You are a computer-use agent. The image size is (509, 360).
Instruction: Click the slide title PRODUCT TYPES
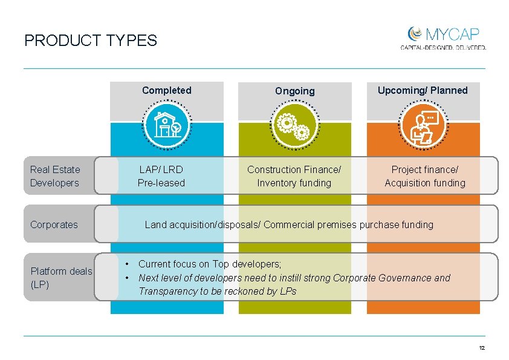pos(90,41)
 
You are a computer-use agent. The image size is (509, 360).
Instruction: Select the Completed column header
pos(166,90)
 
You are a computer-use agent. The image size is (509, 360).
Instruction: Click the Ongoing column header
pos(294,91)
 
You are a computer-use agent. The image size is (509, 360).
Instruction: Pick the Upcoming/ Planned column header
pos(423,90)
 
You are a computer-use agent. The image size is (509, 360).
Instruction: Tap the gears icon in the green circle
pos(294,125)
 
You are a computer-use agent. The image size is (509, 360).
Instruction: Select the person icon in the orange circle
pos(423,126)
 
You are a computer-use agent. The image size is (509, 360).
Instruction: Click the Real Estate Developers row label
pos(55,176)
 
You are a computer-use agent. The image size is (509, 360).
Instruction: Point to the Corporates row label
pos(54,224)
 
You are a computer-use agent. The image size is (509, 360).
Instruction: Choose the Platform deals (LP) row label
pos(61,277)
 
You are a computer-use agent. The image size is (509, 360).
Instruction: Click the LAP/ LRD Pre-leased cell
pos(161,176)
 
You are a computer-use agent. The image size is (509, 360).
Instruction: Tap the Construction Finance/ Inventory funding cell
pos(294,176)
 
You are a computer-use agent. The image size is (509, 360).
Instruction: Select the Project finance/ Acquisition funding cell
pos(425,176)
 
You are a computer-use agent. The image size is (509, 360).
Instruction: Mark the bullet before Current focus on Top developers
pos(127,264)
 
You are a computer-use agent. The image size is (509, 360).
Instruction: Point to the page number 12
pos(482,348)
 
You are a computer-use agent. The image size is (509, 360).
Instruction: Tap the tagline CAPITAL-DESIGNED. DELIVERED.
pos(443,47)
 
